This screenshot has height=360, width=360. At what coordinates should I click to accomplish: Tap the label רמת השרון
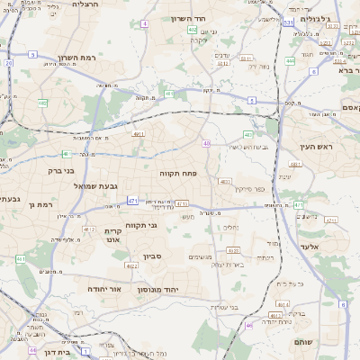(x=76, y=58)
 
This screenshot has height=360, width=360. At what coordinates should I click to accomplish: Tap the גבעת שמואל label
(x=117, y=186)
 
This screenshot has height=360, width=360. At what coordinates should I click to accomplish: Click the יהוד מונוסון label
(x=158, y=291)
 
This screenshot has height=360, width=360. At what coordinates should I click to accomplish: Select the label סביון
(x=151, y=256)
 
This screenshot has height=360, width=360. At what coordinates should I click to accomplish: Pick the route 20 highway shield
(x=9, y=63)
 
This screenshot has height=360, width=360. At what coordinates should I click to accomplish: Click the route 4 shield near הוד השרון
(x=145, y=22)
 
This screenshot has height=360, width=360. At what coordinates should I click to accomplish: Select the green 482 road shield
(x=43, y=103)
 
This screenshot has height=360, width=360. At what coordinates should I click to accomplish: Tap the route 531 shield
(x=288, y=22)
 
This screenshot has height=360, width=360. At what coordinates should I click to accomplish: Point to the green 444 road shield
(x=290, y=61)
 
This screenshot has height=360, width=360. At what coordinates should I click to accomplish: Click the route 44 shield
(x=32, y=350)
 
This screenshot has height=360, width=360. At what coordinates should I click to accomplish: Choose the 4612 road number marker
(x=89, y=229)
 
